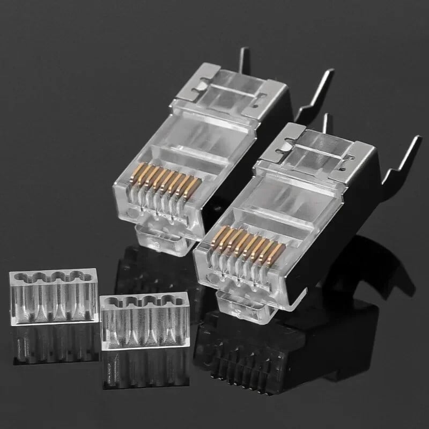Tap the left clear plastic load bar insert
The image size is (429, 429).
point(53,295)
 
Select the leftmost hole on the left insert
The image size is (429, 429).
point(21,278)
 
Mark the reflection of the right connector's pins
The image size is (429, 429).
point(241,370)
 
